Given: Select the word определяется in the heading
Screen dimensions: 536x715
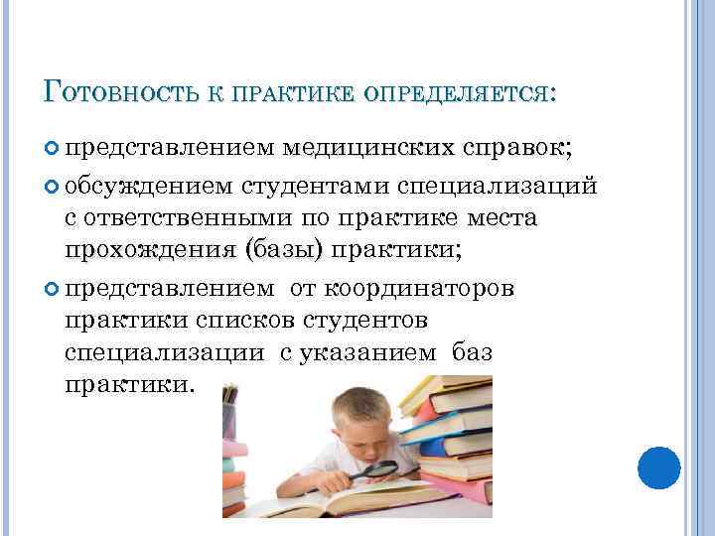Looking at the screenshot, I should tap(459, 93).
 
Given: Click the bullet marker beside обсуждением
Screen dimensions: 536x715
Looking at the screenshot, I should tap(54, 185).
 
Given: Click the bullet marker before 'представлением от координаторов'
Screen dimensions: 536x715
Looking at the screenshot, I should tap(54, 288).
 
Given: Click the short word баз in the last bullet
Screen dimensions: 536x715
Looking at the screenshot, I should tap(473, 352).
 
